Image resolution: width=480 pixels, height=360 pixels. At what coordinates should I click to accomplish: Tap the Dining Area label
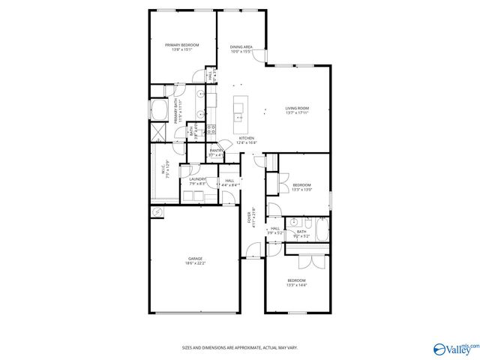241,47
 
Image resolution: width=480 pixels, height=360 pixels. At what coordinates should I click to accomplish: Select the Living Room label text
297,109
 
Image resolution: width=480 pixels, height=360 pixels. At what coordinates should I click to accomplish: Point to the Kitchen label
247,139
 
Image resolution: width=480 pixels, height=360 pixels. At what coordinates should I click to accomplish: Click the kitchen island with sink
241,109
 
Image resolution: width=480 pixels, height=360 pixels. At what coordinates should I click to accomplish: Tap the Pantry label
216,151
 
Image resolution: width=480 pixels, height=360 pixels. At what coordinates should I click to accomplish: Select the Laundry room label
198,179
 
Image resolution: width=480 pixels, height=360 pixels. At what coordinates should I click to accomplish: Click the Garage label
194,259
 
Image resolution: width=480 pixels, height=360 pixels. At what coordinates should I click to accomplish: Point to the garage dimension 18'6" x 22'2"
194,263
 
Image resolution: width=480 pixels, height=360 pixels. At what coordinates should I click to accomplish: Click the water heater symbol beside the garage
157,212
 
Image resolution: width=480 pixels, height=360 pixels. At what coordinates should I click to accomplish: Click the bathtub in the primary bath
159,111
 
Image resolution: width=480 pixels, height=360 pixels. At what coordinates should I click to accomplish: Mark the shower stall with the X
159,133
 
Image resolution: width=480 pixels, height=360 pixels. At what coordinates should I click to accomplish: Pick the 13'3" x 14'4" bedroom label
297,283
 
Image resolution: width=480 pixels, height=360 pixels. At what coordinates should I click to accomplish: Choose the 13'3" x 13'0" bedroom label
301,187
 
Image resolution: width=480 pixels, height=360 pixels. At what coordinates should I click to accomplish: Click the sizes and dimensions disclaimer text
240,347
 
